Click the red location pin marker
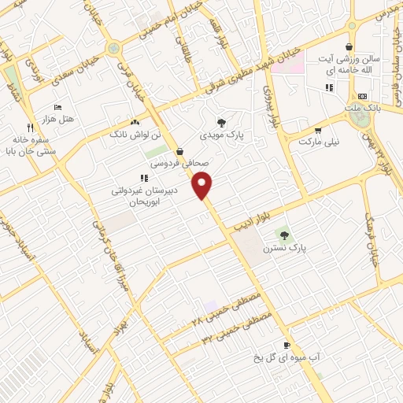tap(204, 185)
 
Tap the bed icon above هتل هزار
tap(57, 107)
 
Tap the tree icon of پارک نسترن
tap(284, 234)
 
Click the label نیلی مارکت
tap(318, 142)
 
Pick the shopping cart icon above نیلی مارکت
tap(317, 131)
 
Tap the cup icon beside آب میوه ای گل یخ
tap(287, 346)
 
